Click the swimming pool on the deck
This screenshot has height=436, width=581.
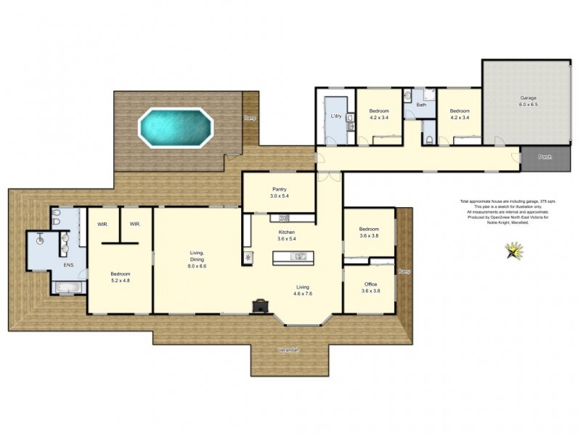(177, 126)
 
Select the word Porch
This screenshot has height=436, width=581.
(544, 157)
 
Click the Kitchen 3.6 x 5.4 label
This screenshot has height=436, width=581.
(285, 235)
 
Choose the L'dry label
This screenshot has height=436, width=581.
(336, 116)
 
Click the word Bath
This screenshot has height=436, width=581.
(420, 105)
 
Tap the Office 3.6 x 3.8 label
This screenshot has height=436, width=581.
(370, 287)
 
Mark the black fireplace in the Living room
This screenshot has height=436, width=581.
(259, 307)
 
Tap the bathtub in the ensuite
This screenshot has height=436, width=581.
(68, 288)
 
